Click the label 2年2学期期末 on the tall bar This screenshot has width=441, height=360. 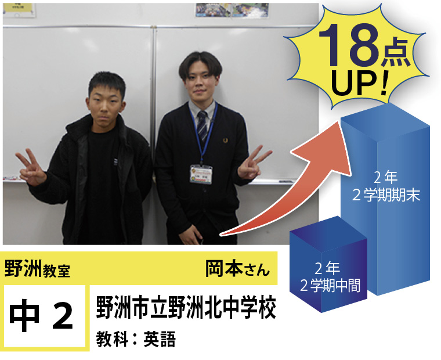386,186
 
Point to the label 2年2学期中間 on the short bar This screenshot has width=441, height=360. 330,277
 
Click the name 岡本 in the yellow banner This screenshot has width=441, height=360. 224,268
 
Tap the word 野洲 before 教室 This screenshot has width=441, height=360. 23,268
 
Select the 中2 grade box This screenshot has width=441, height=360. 45,316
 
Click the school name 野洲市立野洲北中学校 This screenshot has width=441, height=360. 186,307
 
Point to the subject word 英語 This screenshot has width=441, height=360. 160,339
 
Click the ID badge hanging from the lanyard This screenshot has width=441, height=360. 201,174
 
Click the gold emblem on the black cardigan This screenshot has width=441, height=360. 225,140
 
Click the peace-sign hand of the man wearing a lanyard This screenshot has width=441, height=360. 252,163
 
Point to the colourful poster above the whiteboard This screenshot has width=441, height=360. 232,10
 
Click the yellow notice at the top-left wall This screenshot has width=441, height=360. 19,9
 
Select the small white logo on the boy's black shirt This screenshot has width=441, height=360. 115,161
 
